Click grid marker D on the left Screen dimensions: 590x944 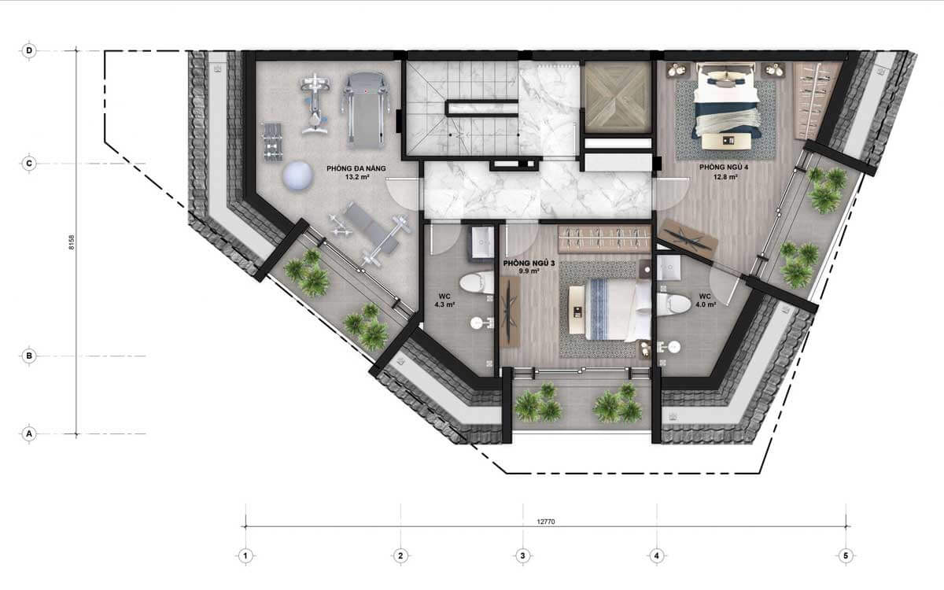(29, 50)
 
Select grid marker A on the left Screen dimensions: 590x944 (29, 433)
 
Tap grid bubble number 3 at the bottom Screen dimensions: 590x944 (522, 556)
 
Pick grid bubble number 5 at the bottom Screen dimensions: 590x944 (846, 556)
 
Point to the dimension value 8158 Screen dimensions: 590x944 (72, 244)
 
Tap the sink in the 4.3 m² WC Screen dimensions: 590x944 (481, 242)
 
